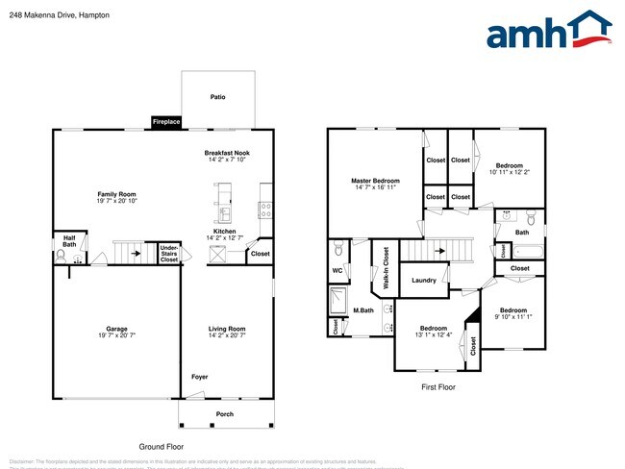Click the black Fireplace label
[x=165, y=122]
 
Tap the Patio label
[x=218, y=97]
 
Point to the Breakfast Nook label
[x=227, y=154]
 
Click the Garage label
[x=116, y=329]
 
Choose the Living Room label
[x=227, y=329]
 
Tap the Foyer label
[x=199, y=377]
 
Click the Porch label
[x=224, y=414]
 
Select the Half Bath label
[x=69, y=241]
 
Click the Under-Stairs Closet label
[x=169, y=253]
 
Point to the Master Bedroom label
[x=374, y=181]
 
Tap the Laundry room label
[x=424, y=281]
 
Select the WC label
[x=337, y=271]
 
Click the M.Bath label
[x=362, y=310]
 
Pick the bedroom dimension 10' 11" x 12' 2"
[x=510, y=172]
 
